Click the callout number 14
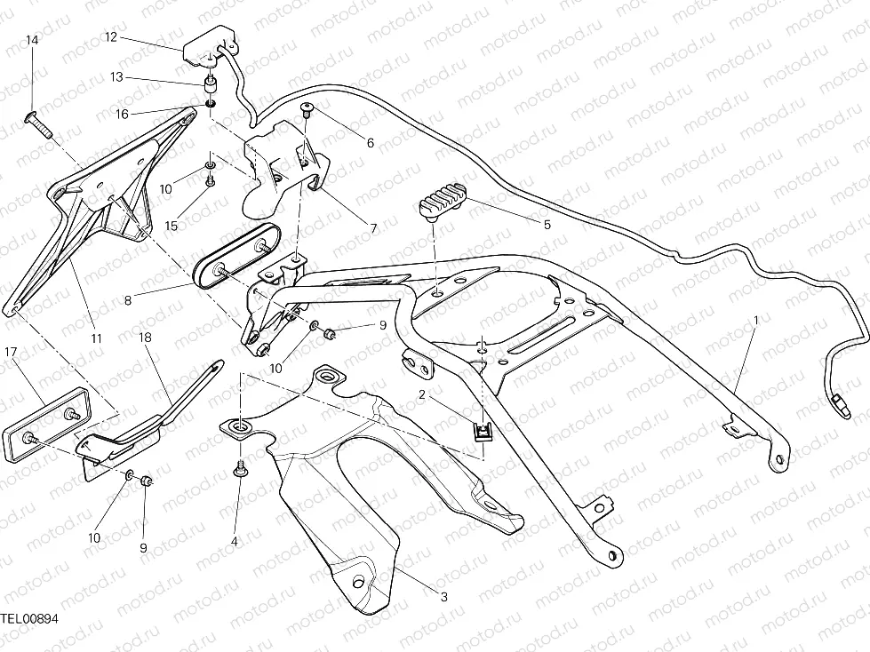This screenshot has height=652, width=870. click(x=32, y=41)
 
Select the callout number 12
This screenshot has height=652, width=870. click(x=111, y=37)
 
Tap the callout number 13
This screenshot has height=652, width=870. click(x=116, y=77)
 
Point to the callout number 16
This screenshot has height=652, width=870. click(x=122, y=113)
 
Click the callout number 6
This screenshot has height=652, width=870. click(x=370, y=143)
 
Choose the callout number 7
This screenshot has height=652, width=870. click(x=373, y=228)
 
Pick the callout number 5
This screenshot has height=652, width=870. click(x=547, y=225)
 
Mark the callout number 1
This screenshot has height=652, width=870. click(x=756, y=319)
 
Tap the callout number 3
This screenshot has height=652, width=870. click(x=444, y=596)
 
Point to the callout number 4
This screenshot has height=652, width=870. click(x=235, y=541)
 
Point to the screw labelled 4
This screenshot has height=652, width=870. click(x=239, y=471)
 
